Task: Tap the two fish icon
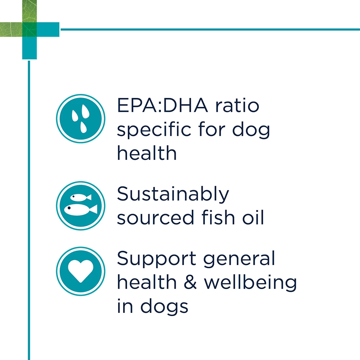pos(81,205)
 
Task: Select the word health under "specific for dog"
pos(147,153)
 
